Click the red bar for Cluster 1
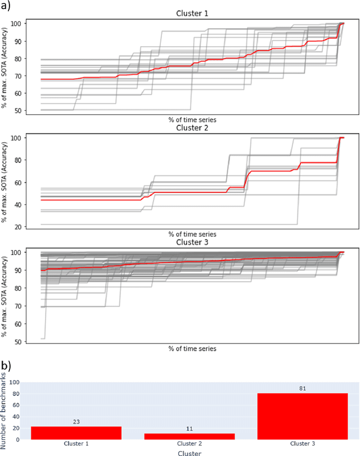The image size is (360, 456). point(76,432)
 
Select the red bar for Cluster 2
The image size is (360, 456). point(190,436)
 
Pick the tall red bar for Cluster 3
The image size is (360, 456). point(303,416)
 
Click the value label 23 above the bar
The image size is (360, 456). point(76,421)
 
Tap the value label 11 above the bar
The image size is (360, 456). point(190,428)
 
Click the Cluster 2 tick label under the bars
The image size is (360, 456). point(190,444)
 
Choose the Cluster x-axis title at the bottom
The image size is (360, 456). point(190,452)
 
